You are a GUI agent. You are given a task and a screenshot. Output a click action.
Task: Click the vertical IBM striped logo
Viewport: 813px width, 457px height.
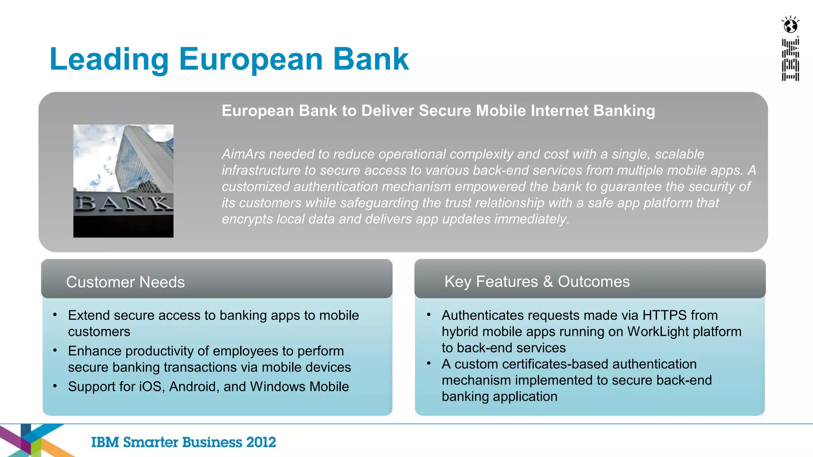(x=790, y=60)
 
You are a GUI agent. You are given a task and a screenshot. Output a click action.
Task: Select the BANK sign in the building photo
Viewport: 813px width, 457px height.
(x=123, y=204)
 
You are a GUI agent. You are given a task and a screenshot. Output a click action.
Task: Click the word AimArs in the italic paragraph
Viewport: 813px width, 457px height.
(x=243, y=154)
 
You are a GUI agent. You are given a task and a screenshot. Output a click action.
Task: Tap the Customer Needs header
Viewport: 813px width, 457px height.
(x=125, y=282)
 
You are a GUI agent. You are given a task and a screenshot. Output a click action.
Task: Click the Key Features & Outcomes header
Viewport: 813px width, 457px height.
(x=537, y=282)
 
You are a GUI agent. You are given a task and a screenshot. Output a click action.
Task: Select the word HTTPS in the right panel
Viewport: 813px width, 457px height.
(x=664, y=315)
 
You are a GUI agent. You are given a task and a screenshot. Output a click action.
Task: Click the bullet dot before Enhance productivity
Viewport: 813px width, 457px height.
(x=55, y=351)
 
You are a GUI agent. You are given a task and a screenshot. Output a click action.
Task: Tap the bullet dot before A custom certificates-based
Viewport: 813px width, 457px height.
(x=429, y=363)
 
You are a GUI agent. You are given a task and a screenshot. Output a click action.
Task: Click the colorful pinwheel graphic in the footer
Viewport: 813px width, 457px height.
(x=32, y=440)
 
